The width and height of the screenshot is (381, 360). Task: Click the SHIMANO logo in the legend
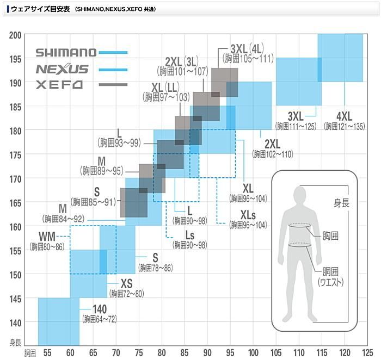[66, 52]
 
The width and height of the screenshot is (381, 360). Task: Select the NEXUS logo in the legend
[62, 69]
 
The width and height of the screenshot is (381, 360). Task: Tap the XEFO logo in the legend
[59, 85]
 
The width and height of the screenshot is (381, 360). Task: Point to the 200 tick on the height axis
[15, 35]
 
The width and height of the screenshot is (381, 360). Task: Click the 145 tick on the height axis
[15, 298]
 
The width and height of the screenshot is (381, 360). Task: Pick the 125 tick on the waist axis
[367, 353]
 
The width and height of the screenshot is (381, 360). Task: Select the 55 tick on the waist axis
[47, 353]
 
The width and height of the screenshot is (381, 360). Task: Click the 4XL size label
[344, 117]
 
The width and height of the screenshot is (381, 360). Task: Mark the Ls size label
[190, 235]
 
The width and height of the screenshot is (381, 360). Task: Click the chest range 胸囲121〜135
[345, 126]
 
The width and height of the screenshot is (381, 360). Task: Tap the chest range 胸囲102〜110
[272, 154]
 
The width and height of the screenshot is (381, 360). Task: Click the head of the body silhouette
[301, 194]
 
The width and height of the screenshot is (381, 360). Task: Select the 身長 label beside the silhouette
[341, 204]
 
